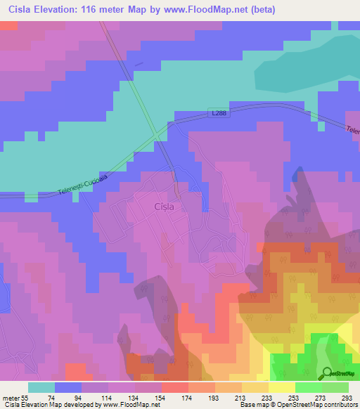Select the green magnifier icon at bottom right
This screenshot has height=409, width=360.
pos(328,372)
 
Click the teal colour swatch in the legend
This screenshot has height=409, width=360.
pos(41,387)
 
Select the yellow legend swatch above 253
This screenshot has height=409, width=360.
pos(281,387)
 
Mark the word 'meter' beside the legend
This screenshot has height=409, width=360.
pos(9,397)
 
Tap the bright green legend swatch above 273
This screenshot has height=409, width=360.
pos(308,387)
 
